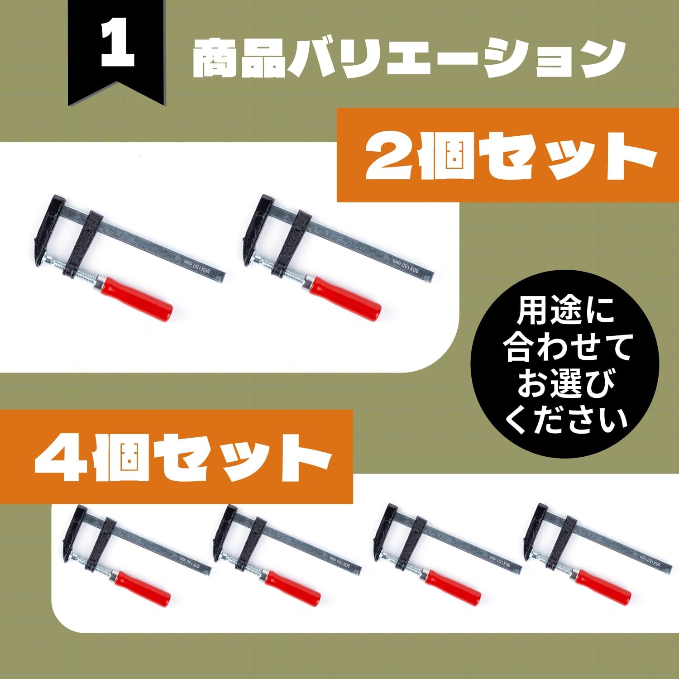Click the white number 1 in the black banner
[x=118, y=51]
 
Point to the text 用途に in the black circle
[x=566, y=311]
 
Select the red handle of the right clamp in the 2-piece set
[x=344, y=297]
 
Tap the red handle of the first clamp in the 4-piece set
[x=141, y=587]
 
